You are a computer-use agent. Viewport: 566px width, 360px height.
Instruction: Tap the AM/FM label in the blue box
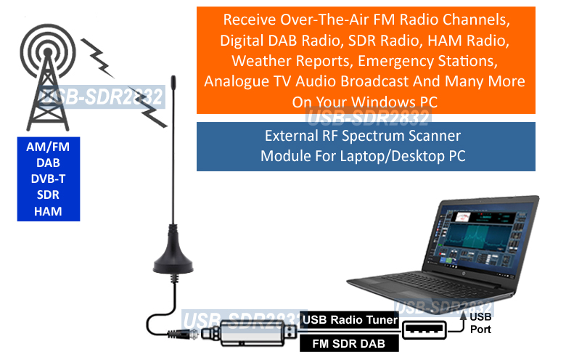(48, 147)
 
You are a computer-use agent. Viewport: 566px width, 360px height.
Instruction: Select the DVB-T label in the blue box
(48, 179)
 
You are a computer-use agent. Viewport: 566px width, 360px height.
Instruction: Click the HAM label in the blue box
(48, 211)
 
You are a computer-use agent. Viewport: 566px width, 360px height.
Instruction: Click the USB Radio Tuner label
(350, 319)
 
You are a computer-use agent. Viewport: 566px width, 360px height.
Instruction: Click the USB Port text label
(480, 323)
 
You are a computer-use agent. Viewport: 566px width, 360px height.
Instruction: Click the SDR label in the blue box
(48, 195)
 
